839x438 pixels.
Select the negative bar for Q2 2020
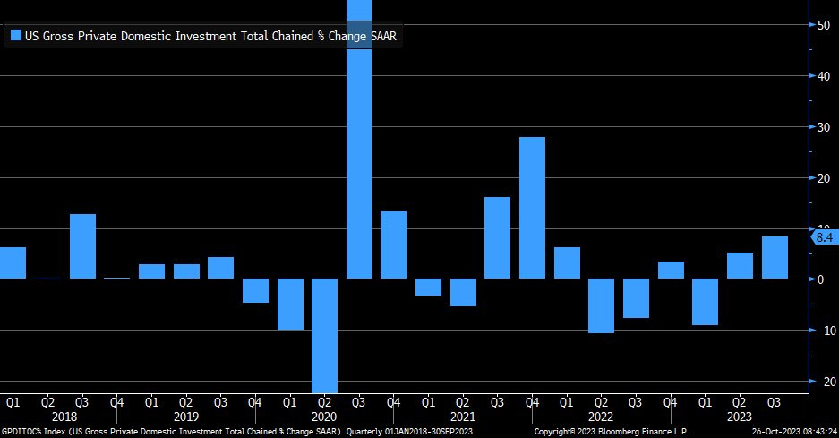(x=325, y=335)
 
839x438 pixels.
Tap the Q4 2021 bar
(x=532, y=208)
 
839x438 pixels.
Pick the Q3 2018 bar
(x=82, y=246)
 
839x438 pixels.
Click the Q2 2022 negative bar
(x=601, y=305)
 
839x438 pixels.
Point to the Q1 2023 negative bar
(x=705, y=302)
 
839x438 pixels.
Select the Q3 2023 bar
(x=775, y=258)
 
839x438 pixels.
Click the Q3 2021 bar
(x=497, y=237)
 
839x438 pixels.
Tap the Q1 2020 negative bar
(x=290, y=305)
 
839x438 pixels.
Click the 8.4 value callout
(x=825, y=237)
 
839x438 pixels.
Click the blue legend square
(x=15, y=36)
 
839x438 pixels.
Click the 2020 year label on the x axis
(x=324, y=417)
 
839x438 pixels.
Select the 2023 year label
(x=740, y=417)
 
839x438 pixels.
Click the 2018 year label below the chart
(x=64, y=417)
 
